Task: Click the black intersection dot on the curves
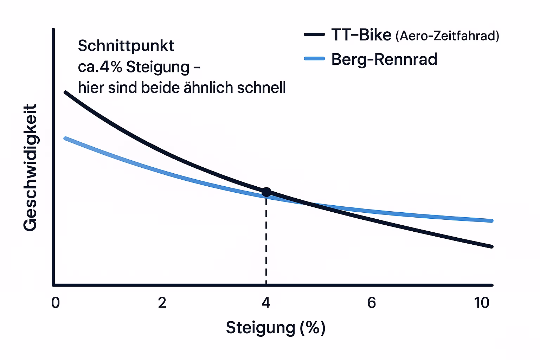(266, 192)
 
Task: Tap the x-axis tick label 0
(56, 303)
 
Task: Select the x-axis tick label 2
(162, 303)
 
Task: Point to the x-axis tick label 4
(266, 303)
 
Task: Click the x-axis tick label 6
(372, 303)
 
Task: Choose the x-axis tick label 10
(482, 303)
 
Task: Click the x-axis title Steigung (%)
(275, 328)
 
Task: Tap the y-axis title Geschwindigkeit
(30, 167)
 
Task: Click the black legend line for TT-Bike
(314, 34)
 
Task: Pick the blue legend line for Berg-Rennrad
(314, 59)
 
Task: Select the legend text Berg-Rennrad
(384, 59)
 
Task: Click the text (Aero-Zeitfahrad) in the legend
(447, 36)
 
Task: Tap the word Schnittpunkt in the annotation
(126, 46)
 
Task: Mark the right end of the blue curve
(491, 221)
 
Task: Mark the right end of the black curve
(491, 246)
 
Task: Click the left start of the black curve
(65, 92)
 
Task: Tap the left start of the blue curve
(65, 139)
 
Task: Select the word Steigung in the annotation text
(157, 67)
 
